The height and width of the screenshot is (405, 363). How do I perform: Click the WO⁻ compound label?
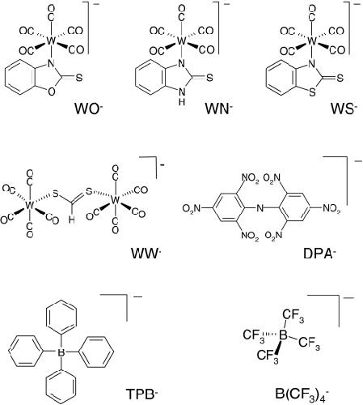(89, 109)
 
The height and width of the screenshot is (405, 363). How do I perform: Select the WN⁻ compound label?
(218, 109)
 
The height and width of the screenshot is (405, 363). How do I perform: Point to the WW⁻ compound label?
(146, 254)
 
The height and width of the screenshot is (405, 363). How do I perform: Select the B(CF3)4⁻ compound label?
(302, 394)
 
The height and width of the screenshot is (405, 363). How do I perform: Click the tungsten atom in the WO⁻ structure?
(51, 41)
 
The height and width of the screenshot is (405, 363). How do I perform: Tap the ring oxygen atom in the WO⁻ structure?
(51, 92)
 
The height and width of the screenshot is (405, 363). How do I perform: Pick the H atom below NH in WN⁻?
(182, 102)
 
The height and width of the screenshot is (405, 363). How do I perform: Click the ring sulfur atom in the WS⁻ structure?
(312, 93)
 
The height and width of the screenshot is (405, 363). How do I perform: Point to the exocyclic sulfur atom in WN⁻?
(209, 78)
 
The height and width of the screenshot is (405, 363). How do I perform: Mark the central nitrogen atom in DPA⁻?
(260, 208)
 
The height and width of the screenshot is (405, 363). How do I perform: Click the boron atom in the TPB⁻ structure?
(61, 352)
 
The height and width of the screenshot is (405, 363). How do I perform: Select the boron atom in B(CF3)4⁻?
(283, 335)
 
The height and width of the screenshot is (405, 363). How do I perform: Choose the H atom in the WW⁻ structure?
(71, 220)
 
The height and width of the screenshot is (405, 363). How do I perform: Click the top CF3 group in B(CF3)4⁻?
(293, 317)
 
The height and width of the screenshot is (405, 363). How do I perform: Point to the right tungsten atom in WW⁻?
(116, 200)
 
